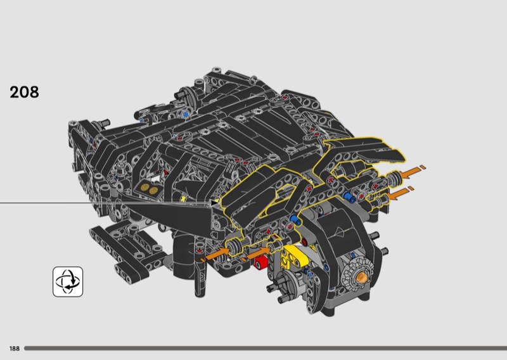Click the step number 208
(24, 92)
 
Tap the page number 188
(15, 349)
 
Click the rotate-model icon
(68, 281)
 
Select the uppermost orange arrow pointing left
(413, 171)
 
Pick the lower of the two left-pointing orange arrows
(401, 193)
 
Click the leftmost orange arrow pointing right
(215, 254)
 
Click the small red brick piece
(260, 262)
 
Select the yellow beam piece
(294, 255)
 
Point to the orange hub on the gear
(361, 278)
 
